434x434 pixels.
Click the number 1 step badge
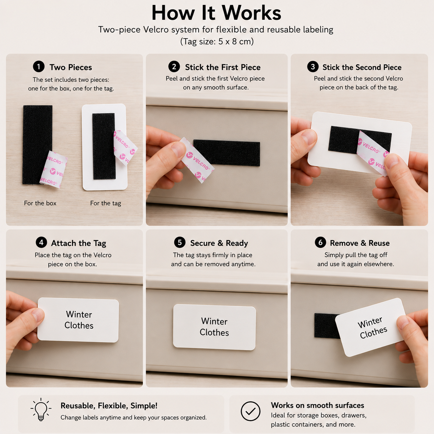(38, 67)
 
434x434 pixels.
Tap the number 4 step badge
(42, 243)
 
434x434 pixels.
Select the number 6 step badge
(320, 242)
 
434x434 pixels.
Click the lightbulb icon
(41, 409)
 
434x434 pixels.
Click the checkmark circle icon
(251, 411)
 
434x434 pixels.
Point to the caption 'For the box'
(40, 203)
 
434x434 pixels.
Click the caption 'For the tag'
(106, 203)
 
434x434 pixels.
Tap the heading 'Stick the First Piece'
(223, 67)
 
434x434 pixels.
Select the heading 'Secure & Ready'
(219, 243)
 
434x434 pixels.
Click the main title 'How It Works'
(216, 13)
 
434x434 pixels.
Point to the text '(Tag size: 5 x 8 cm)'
(217, 42)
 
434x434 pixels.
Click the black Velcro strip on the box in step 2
(227, 153)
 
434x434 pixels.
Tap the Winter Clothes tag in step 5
(215, 327)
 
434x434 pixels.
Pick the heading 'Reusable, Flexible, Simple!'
(109, 406)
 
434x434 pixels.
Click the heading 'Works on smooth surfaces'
(317, 405)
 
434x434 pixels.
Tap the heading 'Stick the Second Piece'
(362, 67)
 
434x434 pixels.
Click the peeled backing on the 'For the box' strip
(54, 169)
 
